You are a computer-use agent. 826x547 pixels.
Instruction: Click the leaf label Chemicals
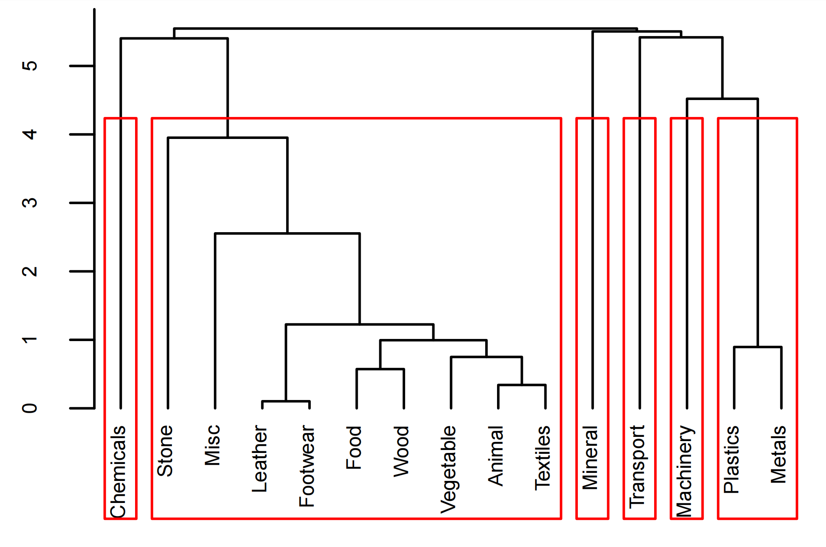pos(118,472)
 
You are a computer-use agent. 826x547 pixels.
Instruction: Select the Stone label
pos(165,451)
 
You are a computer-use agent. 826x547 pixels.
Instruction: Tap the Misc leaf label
pos(213,445)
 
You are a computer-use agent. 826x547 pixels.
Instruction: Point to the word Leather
pos(260,459)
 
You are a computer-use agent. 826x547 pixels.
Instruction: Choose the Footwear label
pos(307,466)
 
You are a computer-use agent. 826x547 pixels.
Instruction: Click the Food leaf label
pos(354,447)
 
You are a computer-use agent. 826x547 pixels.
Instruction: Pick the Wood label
pos(401,451)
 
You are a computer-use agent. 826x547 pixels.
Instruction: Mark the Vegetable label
pos(448,469)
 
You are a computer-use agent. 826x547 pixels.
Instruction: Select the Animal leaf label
pos(496,455)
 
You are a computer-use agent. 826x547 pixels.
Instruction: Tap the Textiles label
pos(543,458)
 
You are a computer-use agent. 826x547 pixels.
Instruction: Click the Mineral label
pos(590,458)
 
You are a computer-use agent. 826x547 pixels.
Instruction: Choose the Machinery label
pos(684,471)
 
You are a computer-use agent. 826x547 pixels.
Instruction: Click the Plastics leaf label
pos(732,459)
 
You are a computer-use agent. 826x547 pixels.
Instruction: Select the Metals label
pos(779,455)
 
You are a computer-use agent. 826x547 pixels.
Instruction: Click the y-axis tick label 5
pos(30,66)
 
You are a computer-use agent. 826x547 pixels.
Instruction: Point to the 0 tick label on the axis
pos(30,408)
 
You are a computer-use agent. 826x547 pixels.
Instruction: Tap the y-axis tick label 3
pos(30,203)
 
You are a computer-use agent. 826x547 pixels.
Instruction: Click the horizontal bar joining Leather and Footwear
pos(286,401)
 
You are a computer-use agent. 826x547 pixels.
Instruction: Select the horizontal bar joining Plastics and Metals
pos(757,347)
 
